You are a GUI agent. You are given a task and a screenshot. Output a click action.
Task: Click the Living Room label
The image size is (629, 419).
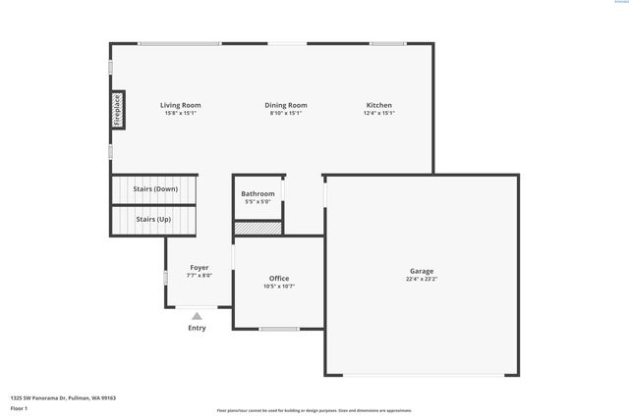(181, 105)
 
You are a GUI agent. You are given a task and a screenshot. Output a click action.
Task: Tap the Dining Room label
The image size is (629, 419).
(286, 105)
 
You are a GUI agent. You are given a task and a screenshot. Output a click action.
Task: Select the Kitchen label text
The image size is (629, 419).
(379, 105)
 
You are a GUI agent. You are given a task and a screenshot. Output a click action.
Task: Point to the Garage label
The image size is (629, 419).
(422, 271)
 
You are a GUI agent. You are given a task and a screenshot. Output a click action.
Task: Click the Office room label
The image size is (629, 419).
(279, 279)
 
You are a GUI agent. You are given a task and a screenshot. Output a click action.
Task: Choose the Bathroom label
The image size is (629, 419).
(257, 193)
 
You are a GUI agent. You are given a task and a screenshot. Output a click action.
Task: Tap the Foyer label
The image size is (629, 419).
(200, 267)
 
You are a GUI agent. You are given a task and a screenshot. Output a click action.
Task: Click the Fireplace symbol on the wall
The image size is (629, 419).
(117, 110)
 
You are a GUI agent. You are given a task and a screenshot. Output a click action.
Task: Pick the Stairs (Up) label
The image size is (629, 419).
(153, 219)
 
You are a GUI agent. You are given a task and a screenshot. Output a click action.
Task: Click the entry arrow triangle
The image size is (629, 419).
(197, 316)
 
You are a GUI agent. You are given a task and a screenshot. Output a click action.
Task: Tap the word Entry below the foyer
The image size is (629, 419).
(197, 328)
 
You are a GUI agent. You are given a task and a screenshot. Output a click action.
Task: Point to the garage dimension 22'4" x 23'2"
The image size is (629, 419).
(422, 279)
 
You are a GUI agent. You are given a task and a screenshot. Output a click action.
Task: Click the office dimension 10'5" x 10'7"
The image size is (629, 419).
(279, 287)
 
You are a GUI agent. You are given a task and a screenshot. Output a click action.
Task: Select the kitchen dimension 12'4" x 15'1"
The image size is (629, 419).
(379, 113)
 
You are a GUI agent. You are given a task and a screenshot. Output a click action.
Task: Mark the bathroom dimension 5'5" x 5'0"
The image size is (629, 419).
(257, 201)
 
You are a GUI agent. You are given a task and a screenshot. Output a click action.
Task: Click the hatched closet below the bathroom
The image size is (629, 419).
(257, 228)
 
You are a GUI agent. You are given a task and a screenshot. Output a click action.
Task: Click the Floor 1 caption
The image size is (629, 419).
(20, 407)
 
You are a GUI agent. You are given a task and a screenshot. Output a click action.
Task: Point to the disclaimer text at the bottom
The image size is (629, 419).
(314, 410)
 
